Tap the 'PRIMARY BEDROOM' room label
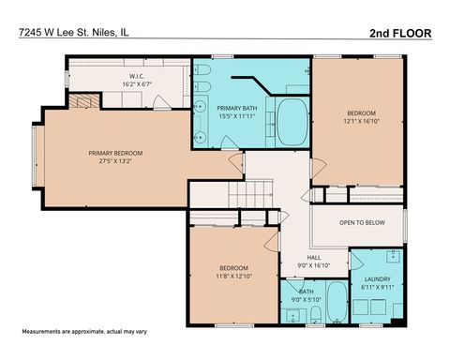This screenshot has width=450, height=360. (x=122, y=153)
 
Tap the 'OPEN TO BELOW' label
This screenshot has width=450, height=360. (x=361, y=222)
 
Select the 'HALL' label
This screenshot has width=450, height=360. (x=315, y=257)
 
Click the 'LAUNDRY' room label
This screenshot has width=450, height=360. (x=377, y=279)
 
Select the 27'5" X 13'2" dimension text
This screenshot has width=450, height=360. (x=122, y=161)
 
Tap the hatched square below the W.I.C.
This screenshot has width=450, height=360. (x=85, y=101)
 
